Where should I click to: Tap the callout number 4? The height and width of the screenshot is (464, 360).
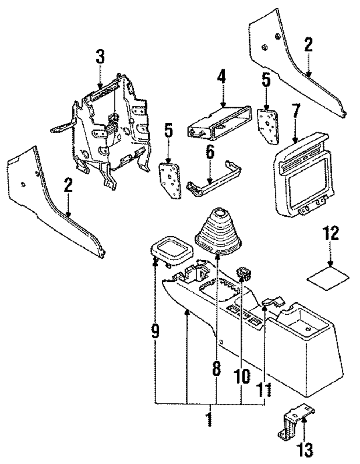(221, 77)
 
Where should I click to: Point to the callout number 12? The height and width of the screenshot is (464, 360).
(330, 234)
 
